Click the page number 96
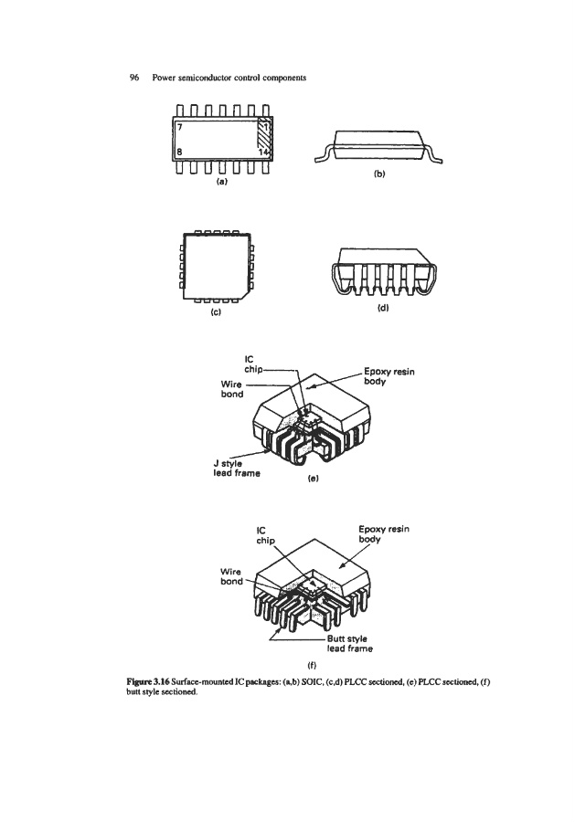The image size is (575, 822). click(134, 78)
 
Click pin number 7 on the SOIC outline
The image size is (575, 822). click(179, 127)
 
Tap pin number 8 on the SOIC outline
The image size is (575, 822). click(179, 152)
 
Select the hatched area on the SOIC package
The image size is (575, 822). click(263, 138)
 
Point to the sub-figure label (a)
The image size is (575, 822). click(222, 182)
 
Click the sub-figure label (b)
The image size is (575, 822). click(379, 174)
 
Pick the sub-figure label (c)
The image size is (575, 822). click(216, 312)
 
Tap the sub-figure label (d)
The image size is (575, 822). click(383, 308)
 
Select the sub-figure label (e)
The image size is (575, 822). click(314, 478)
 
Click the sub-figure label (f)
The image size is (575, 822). click(312, 665)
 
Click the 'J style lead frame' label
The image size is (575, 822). click(237, 469)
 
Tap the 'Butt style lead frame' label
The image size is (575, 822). click(350, 644)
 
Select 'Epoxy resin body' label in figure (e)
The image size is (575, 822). click(389, 376)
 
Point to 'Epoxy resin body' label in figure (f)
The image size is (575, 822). click(384, 533)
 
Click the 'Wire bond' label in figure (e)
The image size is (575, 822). click(232, 389)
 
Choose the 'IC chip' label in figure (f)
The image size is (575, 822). click(265, 535)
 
